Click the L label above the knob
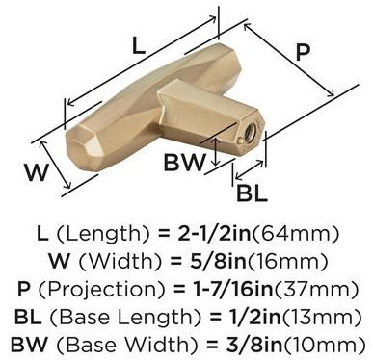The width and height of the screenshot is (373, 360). coord(139,45)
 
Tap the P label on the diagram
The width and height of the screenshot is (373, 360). coord(303,52)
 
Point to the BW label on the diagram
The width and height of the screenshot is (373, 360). coord(184,162)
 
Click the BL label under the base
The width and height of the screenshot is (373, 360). coord(252,193)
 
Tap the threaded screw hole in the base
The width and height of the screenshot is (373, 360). coord(250,131)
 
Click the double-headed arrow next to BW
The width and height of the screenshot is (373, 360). coord(217,152)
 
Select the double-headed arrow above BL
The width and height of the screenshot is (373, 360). coord(250,169)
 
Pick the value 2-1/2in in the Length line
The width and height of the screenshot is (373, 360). coord(214,233)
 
